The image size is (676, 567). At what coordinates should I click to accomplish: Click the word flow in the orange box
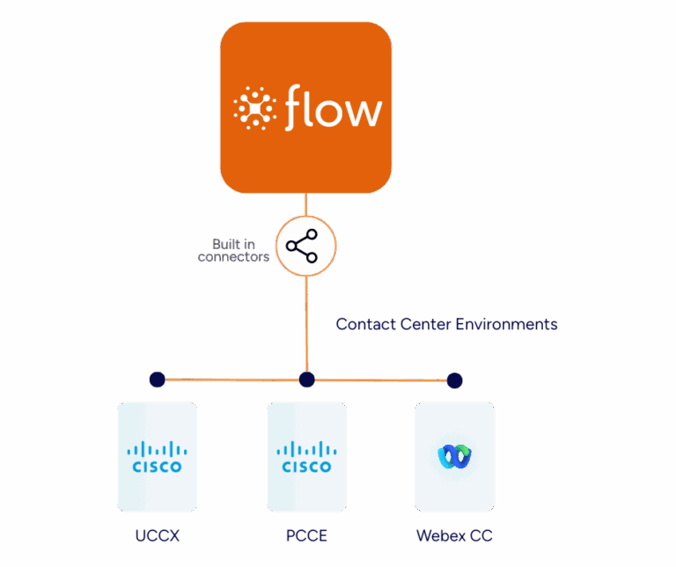pyautogui.click(x=334, y=108)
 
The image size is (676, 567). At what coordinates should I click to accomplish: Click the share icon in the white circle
pyautogui.click(x=305, y=246)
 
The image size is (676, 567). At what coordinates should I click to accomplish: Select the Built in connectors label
pyautogui.click(x=233, y=250)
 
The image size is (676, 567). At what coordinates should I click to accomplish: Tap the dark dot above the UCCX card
pyautogui.click(x=157, y=379)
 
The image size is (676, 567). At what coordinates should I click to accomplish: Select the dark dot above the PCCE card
pyautogui.click(x=306, y=379)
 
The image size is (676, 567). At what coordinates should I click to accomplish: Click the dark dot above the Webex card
pyautogui.click(x=454, y=380)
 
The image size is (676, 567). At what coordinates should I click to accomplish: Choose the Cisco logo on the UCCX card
pyautogui.click(x=157, y=458)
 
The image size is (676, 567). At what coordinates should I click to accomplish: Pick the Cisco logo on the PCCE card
pyautogui.click(x=306, y=458)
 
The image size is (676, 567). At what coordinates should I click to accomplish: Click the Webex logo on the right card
pyautogui.click(x=454, y=456)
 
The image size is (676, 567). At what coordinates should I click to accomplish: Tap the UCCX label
pyautogui.click(x=157, y=535)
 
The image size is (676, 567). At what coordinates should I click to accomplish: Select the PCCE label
pyautogui.click(x=306, y=535)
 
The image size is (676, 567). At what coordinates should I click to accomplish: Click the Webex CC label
pyautogui.click(x=454, y=535)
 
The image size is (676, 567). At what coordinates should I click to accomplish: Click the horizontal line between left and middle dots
pyautogui.click(x=231, y=380)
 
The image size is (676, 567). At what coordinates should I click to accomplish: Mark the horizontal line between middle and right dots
pyautogui.click(x=380, y=380)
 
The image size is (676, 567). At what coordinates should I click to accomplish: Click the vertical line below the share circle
pyautogui.click(x=306, y=321)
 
